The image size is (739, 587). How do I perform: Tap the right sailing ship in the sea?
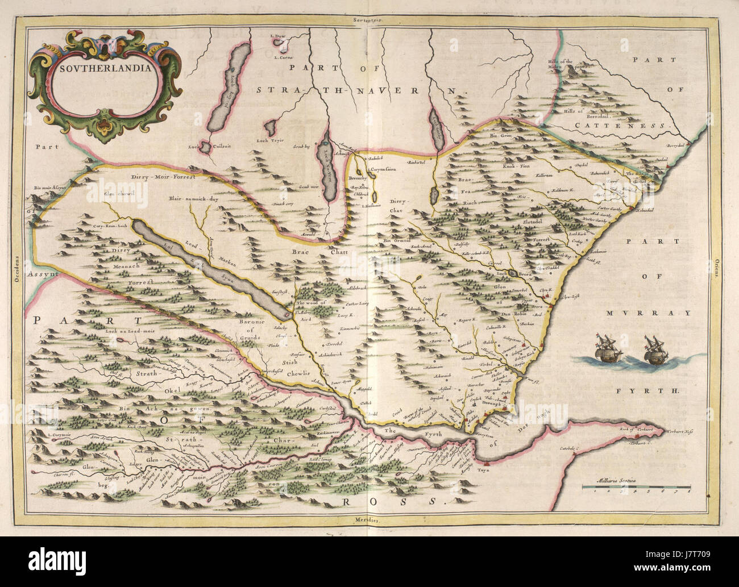point(653,351)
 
